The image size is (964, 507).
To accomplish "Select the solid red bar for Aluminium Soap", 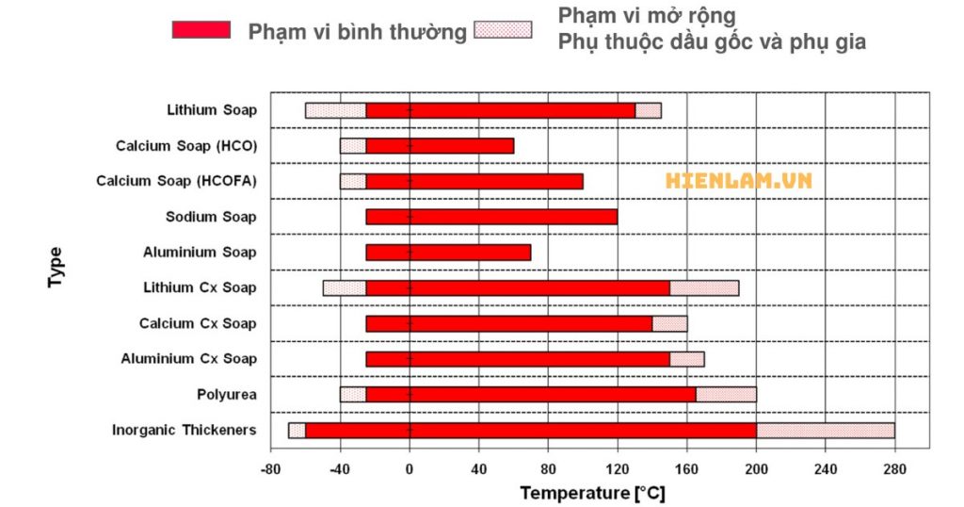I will [x=448, y=253].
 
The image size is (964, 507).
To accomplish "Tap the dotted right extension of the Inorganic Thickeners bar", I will [x=825, y=431].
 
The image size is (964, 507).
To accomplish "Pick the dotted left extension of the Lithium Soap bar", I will [x=335, y=110].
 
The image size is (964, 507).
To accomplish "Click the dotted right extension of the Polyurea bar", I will [x=726, y=395].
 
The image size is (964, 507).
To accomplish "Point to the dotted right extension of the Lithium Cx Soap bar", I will [x=704, y=288].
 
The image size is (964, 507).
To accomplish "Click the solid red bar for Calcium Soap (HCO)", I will [x=440, y=146].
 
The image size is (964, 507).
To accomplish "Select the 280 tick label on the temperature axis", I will [x=894, y=468].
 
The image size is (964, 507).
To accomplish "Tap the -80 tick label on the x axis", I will [x=270, y=468].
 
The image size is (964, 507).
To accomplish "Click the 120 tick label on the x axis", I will [x=618, y=468].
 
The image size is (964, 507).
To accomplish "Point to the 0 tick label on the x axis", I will [x=410, y=468].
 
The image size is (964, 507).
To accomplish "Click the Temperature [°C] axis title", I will [x=593, y=492].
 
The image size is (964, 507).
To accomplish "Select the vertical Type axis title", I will [x=56, y=268].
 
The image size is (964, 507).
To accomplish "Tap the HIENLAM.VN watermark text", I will [x=738, y=180].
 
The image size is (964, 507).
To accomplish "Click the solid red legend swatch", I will [x=201, y=30].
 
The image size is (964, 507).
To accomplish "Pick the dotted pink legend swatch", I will [x=503, y=30].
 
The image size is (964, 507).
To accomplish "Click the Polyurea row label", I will [x=226, y=395].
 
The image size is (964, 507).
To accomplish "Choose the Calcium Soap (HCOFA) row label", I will [x=176, y=181].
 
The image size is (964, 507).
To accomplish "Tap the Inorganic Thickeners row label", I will [x=185, y=431].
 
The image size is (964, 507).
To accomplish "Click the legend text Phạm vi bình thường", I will [x=358, y=32].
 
